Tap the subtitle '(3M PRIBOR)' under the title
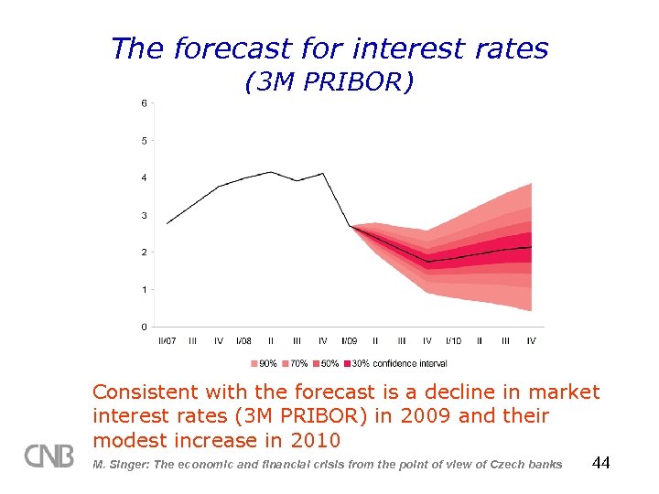[x=329, y=82]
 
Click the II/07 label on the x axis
[x=167, y=340]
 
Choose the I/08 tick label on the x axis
[x=244, y=340]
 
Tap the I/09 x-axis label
[x=350, y=340]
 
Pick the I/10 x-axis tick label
[x=453, y=340]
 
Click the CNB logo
[x=49, y=456]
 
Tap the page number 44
[x=600, y=463]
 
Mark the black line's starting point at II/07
[x=167, y=223]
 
